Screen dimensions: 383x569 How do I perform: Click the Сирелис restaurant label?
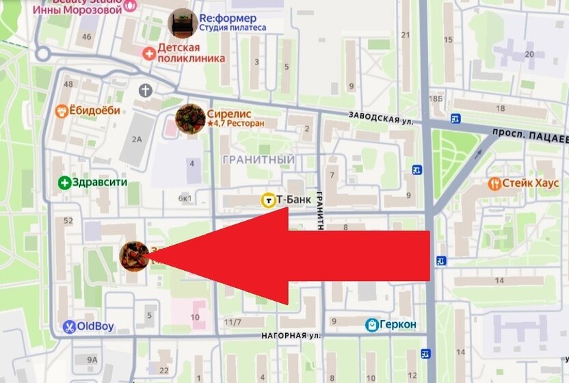[x=230, y=114]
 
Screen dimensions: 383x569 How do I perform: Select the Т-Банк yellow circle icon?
[x=268, y=200]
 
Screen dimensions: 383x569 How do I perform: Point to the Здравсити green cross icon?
[x=64, y=183]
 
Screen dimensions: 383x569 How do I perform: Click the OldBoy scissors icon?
[x=69, y=327]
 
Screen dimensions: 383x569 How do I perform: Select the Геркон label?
[x=399, y=324]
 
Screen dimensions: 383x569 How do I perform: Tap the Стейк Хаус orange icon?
[x=494, y=183]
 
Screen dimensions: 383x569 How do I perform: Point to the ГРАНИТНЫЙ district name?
[x=259, y=159]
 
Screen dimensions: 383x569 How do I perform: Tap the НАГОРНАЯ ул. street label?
[x=291, y=336]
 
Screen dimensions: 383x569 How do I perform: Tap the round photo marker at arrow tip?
[x=133, y=255]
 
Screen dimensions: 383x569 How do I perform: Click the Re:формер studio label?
[x=228, y=18]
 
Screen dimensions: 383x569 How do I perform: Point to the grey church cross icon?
[x=145, y=90]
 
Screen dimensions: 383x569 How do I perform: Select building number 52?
[x=68, y=221]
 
